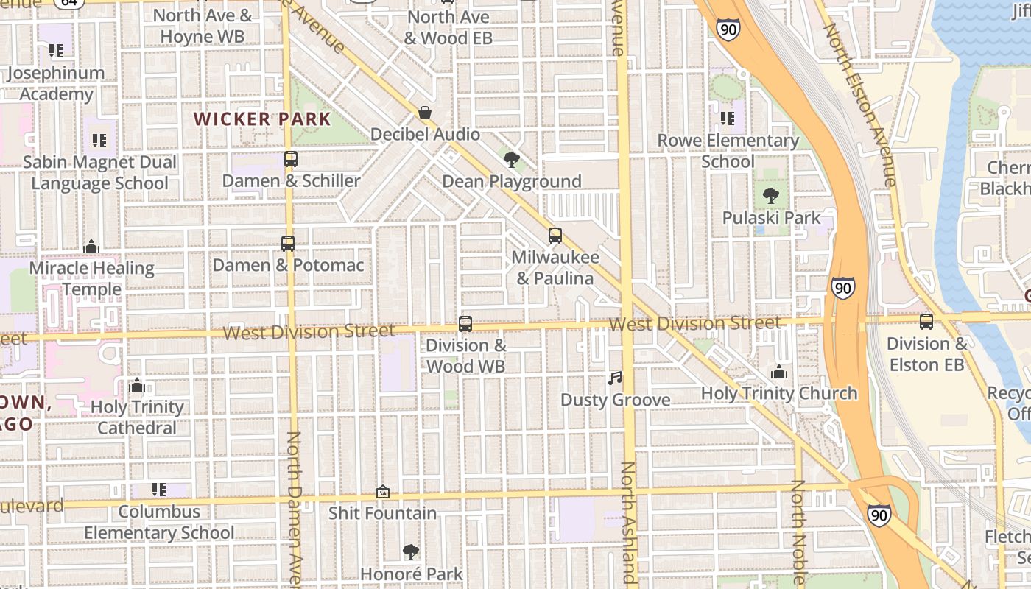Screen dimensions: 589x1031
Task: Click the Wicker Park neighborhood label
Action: pyautogui.click(x=262, y=119)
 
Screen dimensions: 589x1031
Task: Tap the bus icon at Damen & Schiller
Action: pyautogui.click(x=290, y=159)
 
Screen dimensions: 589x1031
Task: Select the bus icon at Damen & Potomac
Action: pyautogui.click(x=288, y=243)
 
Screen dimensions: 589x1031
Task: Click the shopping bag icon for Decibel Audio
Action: pyautogui.click(x=425, y=113)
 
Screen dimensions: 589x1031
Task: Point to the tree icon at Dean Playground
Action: pyautogui.click(x=511, y=159)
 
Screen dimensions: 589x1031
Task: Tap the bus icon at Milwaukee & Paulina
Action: pyautogui.click(x=555, y=236)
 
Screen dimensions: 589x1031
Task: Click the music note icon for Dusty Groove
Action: pyautogui.click(x=615, y=378)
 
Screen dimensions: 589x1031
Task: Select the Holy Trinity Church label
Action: pyautogui.click(x=779, y=393)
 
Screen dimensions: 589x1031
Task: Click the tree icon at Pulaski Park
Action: pyautogui.click(x=771, y=196)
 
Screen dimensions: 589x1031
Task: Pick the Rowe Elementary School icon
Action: pyautogui.click(x=728, y=119)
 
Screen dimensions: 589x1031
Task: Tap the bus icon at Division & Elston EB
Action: pyautogui.click(x=926, y=322)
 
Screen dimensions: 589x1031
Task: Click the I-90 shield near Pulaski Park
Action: pyautogui.click(x=843, y=287)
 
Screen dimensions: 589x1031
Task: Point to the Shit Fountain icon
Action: pyautogui.click(x=383, y=492)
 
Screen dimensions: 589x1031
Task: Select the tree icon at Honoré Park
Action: pyautogui.click(x=411, y=552)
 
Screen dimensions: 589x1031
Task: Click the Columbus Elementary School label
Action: pyautogui.click(x=159, y=521)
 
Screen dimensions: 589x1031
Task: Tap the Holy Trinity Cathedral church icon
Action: pyautogui.click(x=137, y=385)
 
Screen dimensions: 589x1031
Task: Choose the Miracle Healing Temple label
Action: pyautogui.click(x=91, y=278)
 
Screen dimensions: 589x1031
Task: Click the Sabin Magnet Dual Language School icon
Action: pyautogui.click(x=99, y=141)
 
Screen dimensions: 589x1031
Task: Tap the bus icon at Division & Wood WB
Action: pyautogui.click(x=465, y=323)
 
